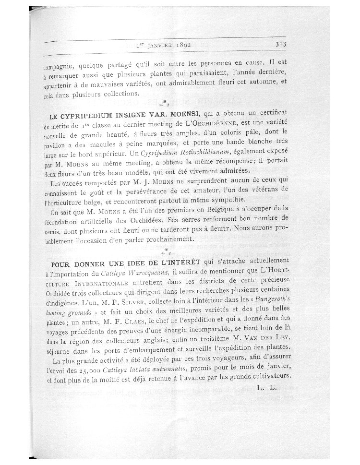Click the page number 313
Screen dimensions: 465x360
[x=281, y=44]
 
